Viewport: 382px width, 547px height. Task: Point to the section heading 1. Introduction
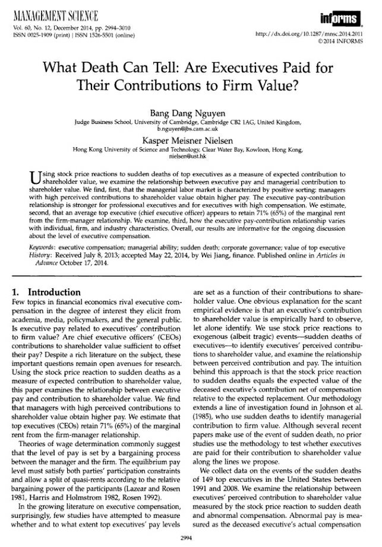[x=49, y=292]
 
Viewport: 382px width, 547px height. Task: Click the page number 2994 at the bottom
[x=191, y=538]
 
